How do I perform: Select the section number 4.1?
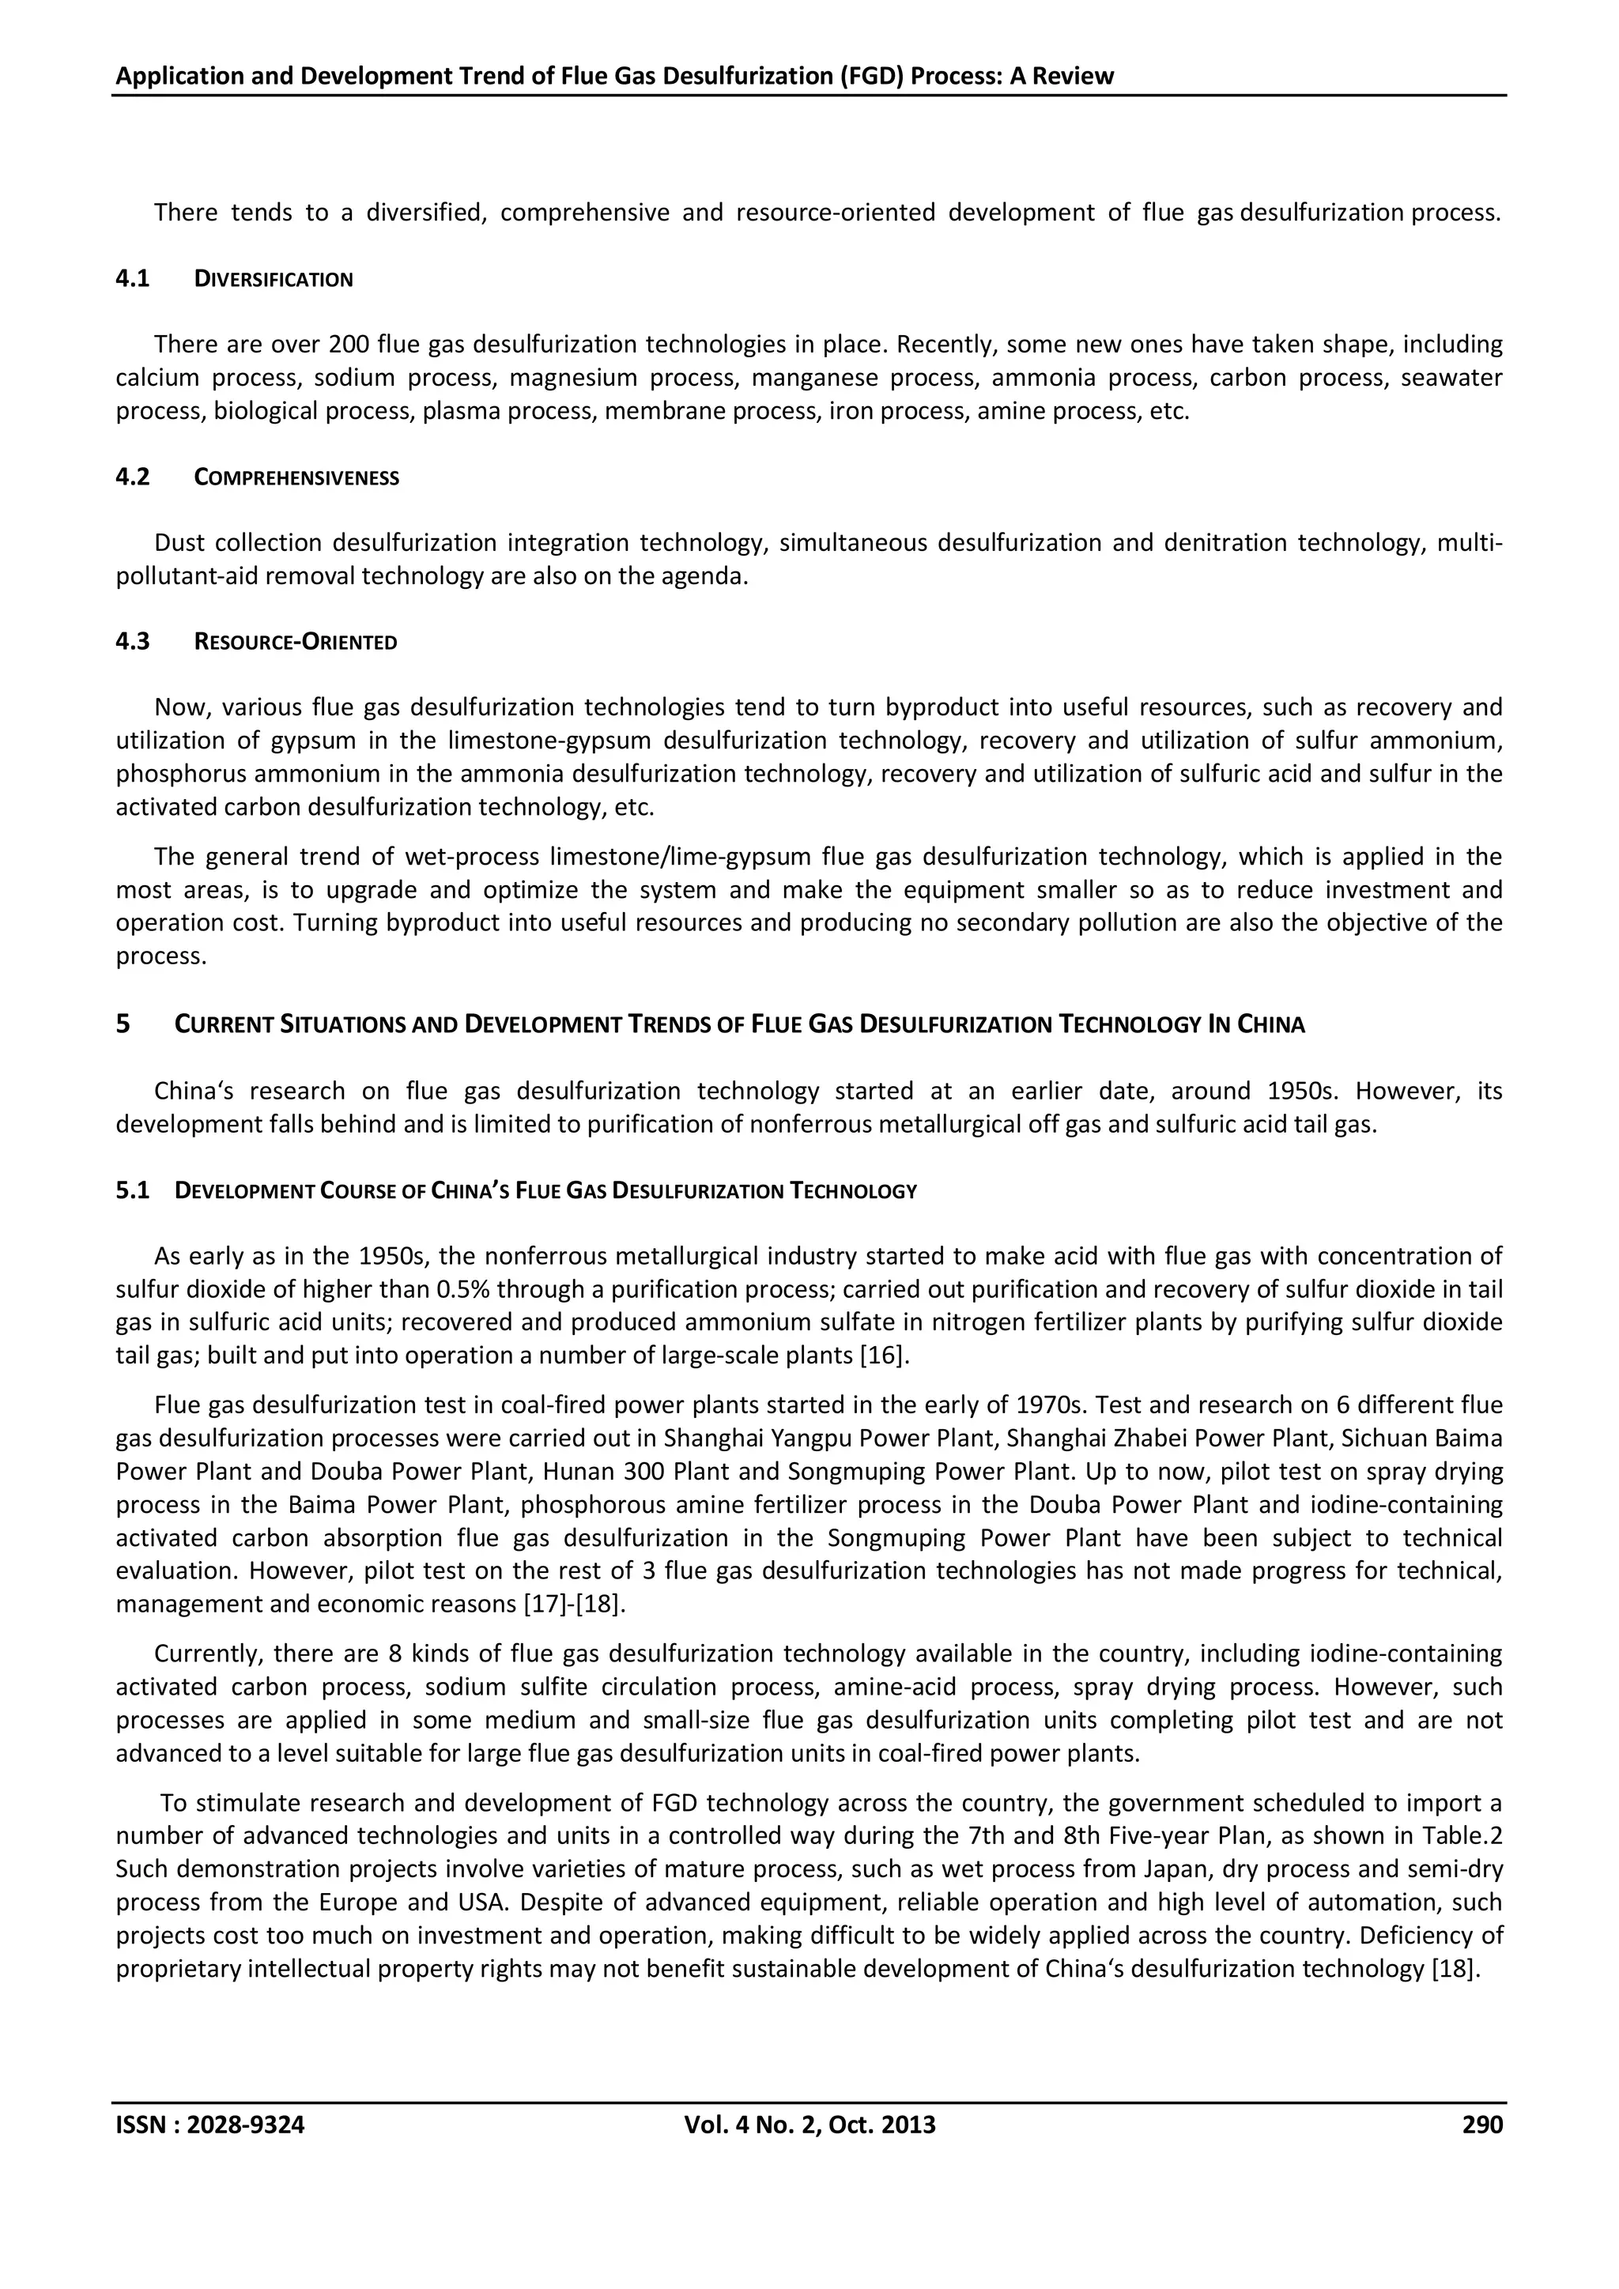(x=133, y=279)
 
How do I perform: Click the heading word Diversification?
(x=274, y=279)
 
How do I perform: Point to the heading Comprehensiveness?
(x=296, y=477)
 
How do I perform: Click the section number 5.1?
(x=133, y=1190)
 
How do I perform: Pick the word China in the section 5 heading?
(x=1271, y=1025)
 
